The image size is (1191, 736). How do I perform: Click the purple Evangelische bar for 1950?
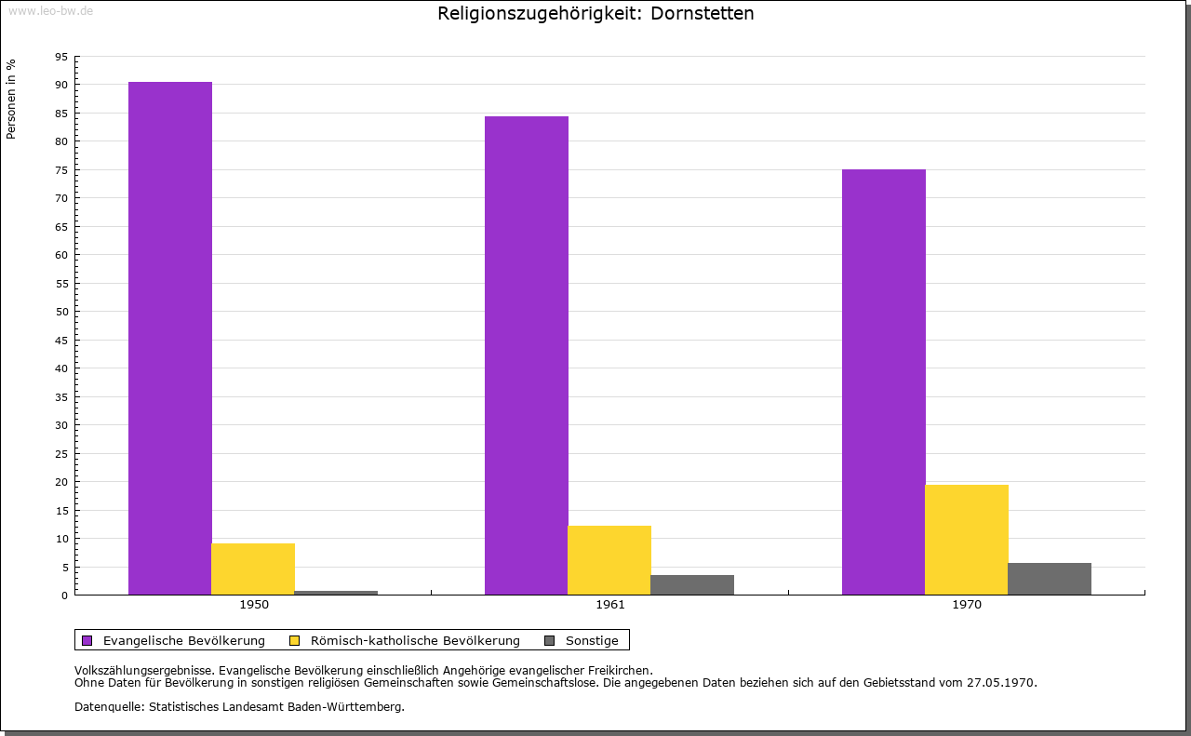point(170,339)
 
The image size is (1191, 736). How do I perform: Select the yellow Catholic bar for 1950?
point(253,569)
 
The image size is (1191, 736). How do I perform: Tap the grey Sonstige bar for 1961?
point(692,584)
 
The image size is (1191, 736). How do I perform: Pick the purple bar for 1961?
point(527,355)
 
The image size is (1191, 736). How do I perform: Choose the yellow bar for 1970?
point(967,540)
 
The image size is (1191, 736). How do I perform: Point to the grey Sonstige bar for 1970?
point(1050,579)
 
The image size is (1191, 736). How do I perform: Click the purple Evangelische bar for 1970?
point(883,381)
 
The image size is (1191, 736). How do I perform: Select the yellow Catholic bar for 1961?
point(609,560)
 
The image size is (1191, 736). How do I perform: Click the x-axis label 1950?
point(254,605)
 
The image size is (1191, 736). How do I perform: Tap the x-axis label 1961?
point(610,605)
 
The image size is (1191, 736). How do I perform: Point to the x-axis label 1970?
point(967,605)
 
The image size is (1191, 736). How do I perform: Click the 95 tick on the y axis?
point(61,57)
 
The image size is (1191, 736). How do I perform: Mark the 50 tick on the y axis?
point(61,312)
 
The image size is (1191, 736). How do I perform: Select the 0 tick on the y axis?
point(65,595)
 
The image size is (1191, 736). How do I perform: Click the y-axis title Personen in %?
point(11,99)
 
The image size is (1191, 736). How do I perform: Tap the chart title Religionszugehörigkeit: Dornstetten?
point(595,13)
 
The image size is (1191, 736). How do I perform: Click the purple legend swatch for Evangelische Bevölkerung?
point(87,640)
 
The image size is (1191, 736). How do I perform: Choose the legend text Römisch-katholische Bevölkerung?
point(415,640)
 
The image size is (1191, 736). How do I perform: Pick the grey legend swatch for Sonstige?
point(549,640)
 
